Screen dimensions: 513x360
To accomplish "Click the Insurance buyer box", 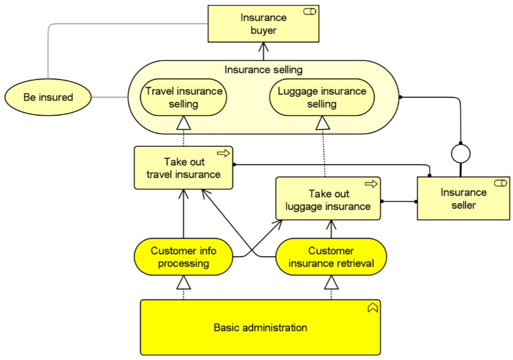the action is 263,23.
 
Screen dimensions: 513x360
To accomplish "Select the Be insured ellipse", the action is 48,97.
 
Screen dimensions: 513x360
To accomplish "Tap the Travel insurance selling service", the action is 184,97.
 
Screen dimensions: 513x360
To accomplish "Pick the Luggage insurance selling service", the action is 322,97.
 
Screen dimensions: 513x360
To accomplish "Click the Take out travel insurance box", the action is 184,168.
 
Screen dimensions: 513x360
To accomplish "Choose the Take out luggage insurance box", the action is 328,199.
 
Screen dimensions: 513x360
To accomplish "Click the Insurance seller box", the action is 463,199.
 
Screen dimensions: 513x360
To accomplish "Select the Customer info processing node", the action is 184,257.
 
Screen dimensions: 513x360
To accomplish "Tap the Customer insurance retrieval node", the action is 331,257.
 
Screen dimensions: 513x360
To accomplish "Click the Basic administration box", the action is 261,328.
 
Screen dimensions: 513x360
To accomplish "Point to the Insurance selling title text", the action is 263,70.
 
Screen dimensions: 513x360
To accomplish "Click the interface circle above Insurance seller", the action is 460,153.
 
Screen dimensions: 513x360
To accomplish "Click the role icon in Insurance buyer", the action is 310,12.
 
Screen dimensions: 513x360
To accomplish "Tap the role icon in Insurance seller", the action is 501,183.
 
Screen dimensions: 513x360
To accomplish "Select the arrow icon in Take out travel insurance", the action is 224,153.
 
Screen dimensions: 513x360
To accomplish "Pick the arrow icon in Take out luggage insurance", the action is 371,184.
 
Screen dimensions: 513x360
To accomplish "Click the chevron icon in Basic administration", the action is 373,307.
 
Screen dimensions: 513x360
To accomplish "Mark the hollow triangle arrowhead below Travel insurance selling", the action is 184,123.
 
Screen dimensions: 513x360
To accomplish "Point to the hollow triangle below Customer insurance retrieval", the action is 331,283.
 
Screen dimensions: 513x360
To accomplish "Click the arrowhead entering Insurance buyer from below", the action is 263,47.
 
